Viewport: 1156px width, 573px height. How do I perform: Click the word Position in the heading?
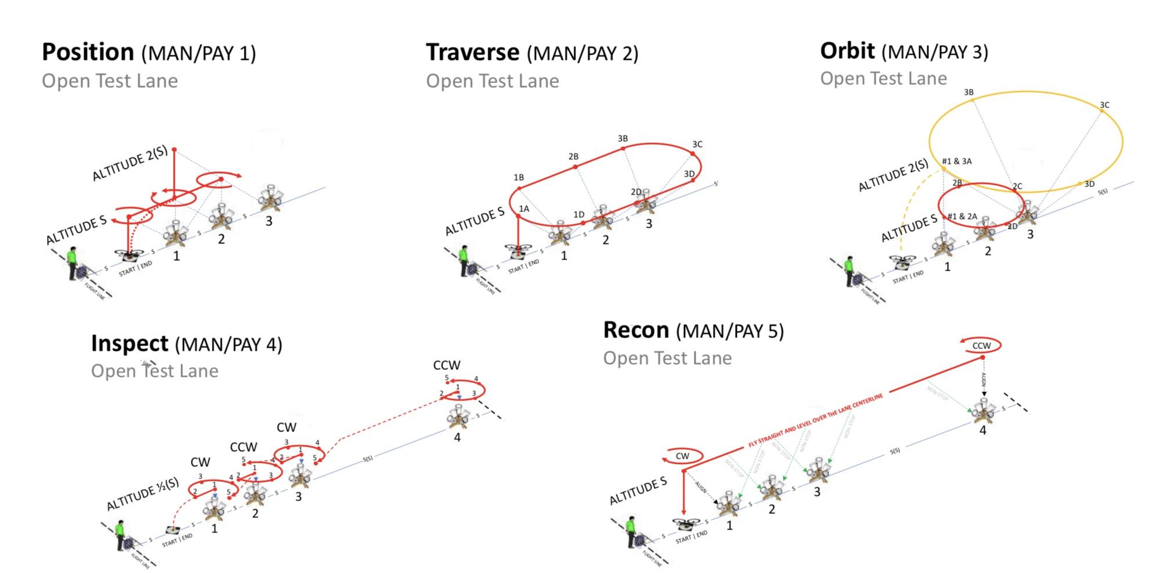88,52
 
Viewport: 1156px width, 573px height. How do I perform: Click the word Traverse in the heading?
472,52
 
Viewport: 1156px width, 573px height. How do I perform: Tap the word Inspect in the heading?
129,344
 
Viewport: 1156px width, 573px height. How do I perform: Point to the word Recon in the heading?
636,330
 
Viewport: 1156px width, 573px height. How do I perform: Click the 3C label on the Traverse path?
697,145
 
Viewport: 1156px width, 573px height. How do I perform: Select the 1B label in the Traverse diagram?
518,178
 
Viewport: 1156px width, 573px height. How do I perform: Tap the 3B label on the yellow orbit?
968,92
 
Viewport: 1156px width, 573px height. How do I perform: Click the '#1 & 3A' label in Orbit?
956,161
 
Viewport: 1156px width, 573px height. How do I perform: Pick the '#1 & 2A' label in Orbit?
962,217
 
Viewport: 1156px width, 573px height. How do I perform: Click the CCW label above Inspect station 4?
446,365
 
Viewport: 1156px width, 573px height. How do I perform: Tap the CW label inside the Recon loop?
682,456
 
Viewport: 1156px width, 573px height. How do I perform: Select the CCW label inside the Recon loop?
981,346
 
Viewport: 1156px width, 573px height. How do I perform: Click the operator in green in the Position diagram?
73,263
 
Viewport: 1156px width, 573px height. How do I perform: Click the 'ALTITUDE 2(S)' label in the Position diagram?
129,163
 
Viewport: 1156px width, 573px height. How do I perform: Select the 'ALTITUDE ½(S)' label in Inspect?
142,495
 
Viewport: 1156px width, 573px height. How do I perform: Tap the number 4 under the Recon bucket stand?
982,431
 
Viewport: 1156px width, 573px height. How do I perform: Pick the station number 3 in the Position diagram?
268,221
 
